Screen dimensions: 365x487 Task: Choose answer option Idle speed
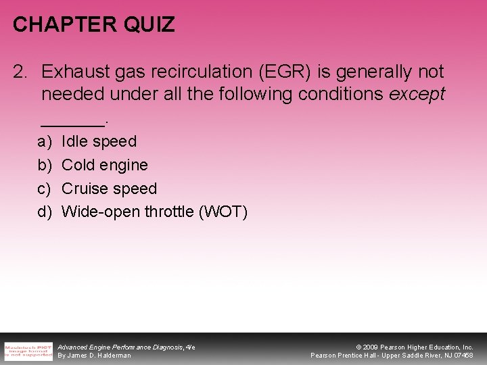(x=99, y=142)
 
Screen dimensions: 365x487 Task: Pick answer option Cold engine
(x=104, y=165)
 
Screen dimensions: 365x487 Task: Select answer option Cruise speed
(x=109, y=189)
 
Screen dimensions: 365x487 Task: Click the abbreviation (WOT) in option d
(x=223, y=212)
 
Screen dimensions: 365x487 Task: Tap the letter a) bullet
(x=44, y=142)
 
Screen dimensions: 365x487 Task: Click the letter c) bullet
(x=44, y=189)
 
